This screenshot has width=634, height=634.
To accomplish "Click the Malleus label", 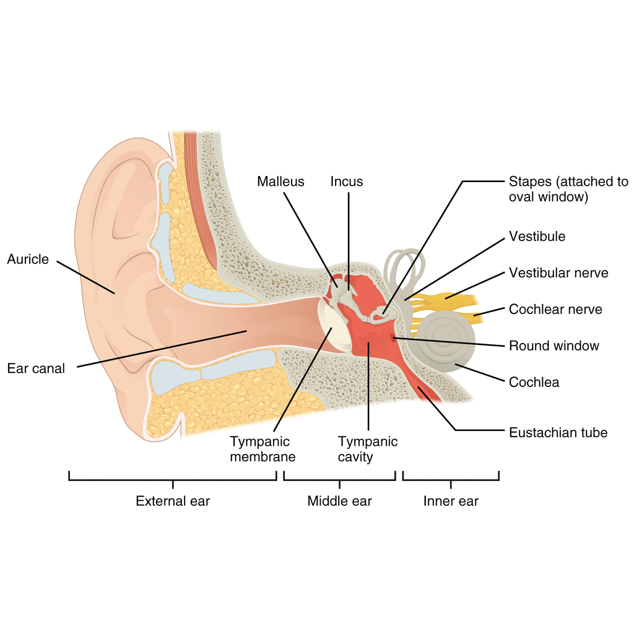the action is pyautogui.click(x=280, y=181).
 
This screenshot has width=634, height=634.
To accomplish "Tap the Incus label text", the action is pyautogui.click(x=347, y=181).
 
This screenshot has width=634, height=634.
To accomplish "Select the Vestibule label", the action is pyautogui.click(x=537, y=236).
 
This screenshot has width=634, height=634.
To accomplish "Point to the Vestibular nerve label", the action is pyautogui.click(x=558, y=272).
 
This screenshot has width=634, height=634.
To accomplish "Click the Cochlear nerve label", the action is pyautogui.click(x=555, y=310).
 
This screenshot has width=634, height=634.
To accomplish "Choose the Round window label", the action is pyautogui.click(x=554, y=345).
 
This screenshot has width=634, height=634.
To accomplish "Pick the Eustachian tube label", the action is pyautogui.click(x=558, y=433).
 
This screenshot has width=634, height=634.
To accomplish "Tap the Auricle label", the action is pyautogui.click(x=28, y=259).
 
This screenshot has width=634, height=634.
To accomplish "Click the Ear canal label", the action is pyautogui.click(x=36, y=368).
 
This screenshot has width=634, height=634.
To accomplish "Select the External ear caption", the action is pyautogui.click(x=173, y=501).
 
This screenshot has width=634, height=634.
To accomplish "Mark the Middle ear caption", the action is pyautogui.click(x=339, y=501).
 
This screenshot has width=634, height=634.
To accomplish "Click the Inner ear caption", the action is pyautogui.click(x=451, y=501).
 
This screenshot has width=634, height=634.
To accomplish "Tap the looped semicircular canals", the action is pyautogui.click(x=405, y=269).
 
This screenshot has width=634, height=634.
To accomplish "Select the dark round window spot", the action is pyautogui.click(x=393, y=337).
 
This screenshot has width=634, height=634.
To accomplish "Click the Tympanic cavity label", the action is pyautogui.click(x=368, y=449).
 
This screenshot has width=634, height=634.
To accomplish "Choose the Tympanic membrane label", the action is pyautogui.click(x=263, y=449).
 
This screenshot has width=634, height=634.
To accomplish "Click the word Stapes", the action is pyautogui.click(x=531, y=181).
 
